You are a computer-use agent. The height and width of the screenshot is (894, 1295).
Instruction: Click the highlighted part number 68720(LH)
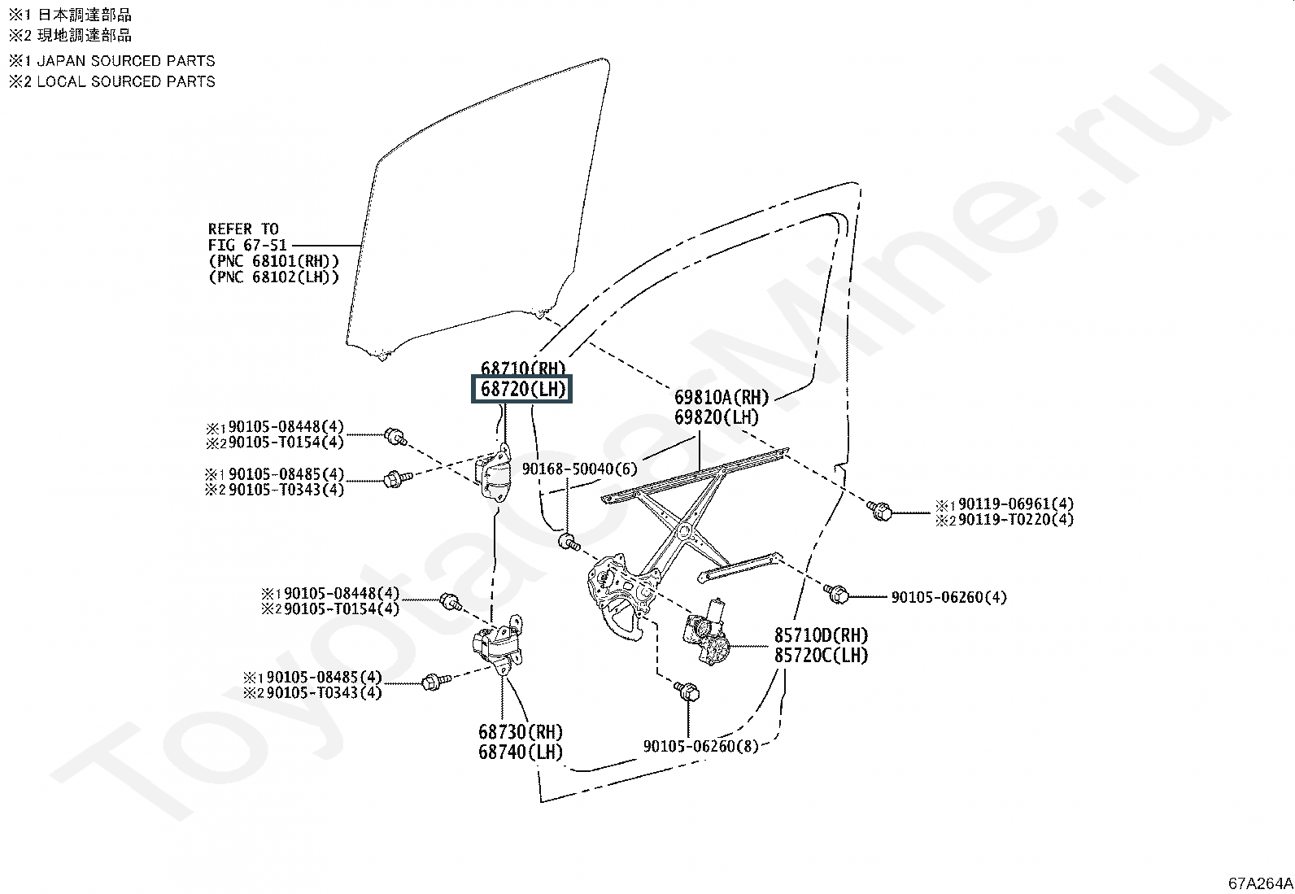tap(522, 389)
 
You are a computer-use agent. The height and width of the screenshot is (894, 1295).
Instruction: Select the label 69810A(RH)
tap(722, 397)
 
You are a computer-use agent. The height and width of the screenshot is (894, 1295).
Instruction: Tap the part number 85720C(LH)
tap(821, 655)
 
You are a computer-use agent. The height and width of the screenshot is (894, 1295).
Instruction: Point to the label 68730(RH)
tap(521, 731)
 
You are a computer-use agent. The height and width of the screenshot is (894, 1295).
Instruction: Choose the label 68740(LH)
tap(521, 752)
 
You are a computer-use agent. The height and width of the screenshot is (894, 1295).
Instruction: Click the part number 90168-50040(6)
tap(579, 469)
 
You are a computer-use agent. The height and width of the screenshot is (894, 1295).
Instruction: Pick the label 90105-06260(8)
tap(700, 746)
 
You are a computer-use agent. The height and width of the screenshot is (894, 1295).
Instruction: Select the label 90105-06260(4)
tap(948, 597)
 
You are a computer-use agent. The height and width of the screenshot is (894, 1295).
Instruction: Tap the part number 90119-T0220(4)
tap(1016, 519)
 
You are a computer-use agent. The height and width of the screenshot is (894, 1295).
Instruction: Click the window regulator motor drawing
tap(706, 633)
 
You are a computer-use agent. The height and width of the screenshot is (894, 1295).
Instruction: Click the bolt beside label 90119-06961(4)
tap(880, 511)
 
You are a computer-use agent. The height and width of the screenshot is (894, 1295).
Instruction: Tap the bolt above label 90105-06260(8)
tap(687, 691)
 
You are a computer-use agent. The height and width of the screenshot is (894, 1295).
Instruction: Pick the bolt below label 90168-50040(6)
tap(569, 542)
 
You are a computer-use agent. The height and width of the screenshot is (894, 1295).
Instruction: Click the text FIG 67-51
tap(247, 245)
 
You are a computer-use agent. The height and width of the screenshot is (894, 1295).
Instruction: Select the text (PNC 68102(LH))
tap(274, 277)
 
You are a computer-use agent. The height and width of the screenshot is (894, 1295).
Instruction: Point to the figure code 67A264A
tap(1260, 883)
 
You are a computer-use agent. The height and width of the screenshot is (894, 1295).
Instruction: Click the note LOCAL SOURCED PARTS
tap(126, 81)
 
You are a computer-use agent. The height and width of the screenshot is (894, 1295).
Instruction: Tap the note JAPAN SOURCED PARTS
tap(126, 61)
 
